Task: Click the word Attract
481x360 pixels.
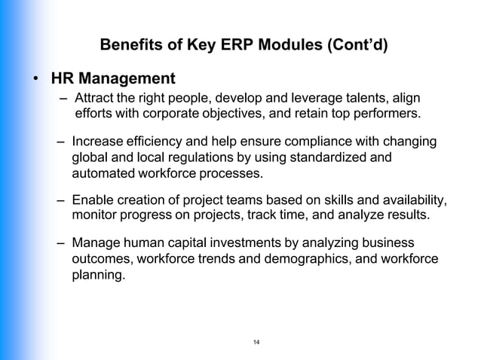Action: point(93,99)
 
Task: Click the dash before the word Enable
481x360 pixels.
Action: point(60,200)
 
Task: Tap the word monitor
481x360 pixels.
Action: point(93,216)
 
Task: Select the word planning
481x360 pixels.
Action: point(97,275)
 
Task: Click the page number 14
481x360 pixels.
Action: point(256,343)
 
